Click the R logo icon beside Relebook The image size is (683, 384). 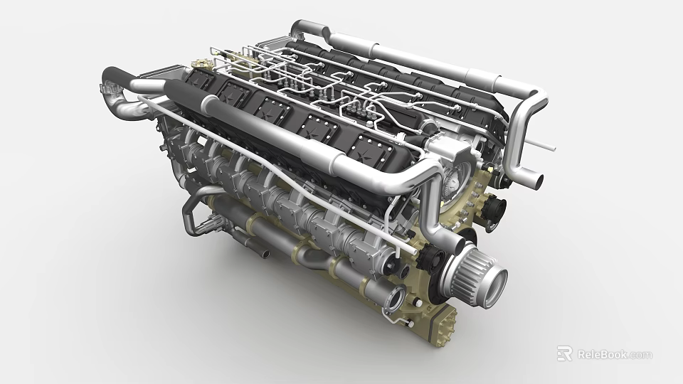point(564,353)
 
